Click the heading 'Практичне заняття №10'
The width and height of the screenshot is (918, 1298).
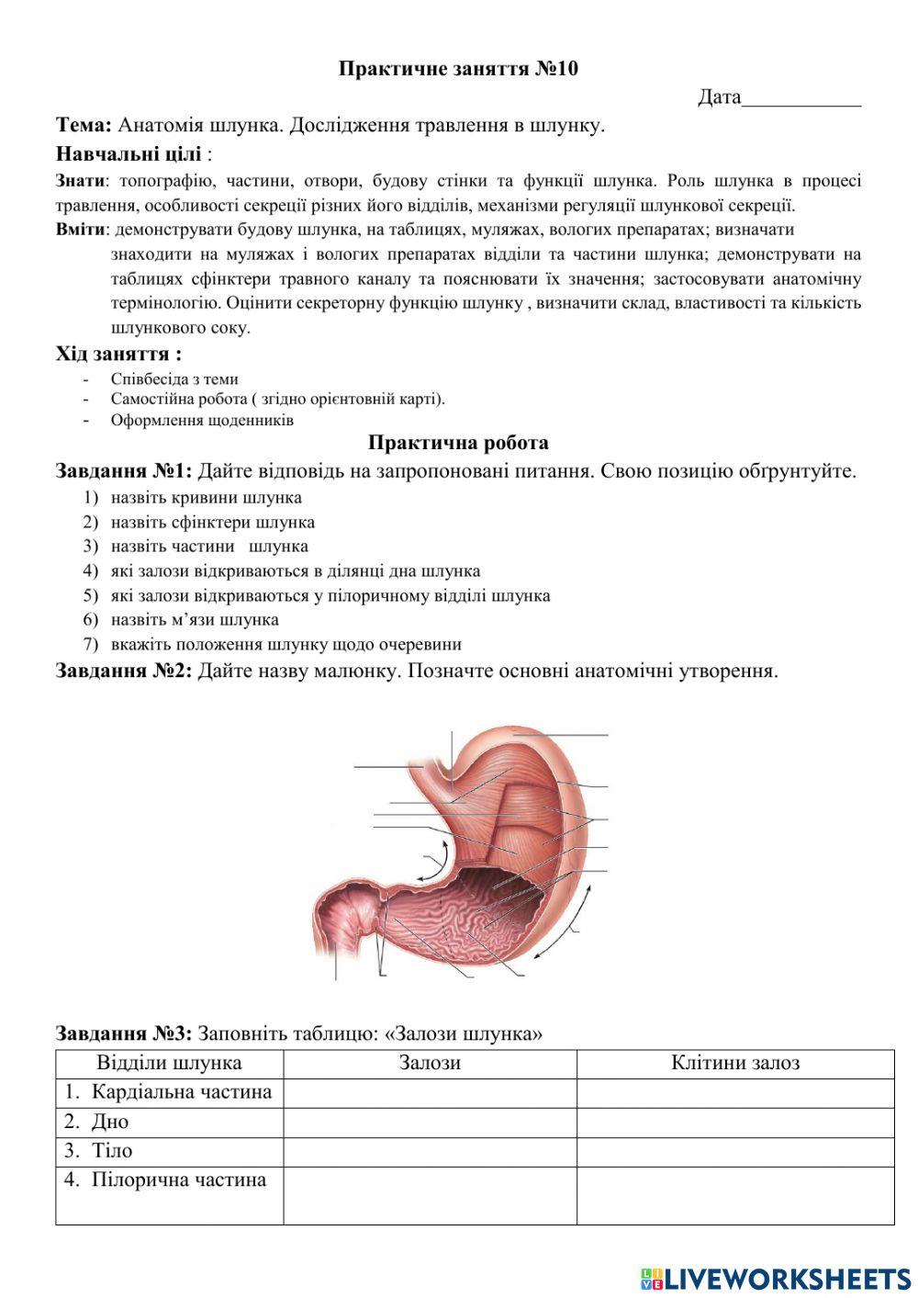[x=458, y=69]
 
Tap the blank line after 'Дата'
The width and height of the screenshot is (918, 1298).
[x=800, y=97]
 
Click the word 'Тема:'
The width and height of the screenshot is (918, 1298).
[x=84, y=125]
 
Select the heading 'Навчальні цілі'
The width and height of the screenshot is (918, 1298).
[x=128, y=152]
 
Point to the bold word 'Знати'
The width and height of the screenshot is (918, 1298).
[x=80, y=181]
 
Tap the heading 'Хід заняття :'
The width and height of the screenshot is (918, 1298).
[x=118, y=354]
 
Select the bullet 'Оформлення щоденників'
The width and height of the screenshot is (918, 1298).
[x=202, y=421]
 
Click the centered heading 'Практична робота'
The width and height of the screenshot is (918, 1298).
[x=458, y=443]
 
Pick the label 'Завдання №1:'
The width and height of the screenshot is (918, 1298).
[x=124, y=471]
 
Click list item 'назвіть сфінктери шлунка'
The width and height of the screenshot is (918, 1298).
[x=212, y=522]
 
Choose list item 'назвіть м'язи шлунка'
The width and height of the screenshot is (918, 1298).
[x=195, y=619]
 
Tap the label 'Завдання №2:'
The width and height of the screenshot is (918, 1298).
[x=124, y=670]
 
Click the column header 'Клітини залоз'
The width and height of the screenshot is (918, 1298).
[x=735, y=1064]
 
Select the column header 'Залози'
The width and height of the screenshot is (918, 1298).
[x=430, y=1064]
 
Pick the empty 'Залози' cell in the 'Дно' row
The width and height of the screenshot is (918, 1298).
[x=430, y=1122]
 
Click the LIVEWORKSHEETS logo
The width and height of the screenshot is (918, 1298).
[x=776, y=1278]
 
